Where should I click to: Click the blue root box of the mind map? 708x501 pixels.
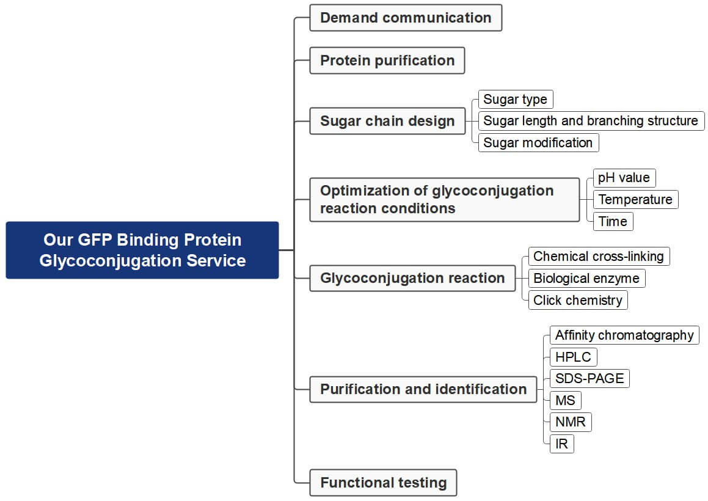pyautogui.click(x=142, y=250)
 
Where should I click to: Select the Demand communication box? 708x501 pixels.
pyautogui.click(x=406, y=18)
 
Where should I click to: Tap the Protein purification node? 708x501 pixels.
pyautogui.click(x=387, y=60)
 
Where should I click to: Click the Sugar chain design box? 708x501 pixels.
pyautogui.click(x=387, y=121)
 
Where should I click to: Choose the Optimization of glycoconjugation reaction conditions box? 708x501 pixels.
pyautogui.click(x=444, y=200)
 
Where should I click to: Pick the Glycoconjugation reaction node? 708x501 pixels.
pyautogui.click(x=412, y=278)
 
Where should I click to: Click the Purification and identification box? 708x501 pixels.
pyautogui.click(x=423, y=389)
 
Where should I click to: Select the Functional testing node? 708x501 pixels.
pyautogui.click(x=383, y=483)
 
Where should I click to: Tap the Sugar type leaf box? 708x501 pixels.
pyautogui.click(x=515, y=99)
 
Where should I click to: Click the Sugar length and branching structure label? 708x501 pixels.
pyautogui.click(x=591, y=121)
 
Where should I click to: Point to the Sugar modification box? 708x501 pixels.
pyautogui.click(x=538, y=143)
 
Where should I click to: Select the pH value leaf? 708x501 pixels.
pyautogui.click(x=624, y=178)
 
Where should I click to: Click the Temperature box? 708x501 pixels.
pyautogui.click(x=635, y=200)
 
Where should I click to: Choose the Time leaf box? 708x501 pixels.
pyautogui.click(x=613, y=221)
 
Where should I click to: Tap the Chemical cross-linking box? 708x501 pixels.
pyautogui.click(x=599, y=256)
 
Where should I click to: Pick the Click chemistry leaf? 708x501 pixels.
pyautogui.click(x=578, y=300)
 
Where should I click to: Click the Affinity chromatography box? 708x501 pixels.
pyautogui.click(x=624, y=335)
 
